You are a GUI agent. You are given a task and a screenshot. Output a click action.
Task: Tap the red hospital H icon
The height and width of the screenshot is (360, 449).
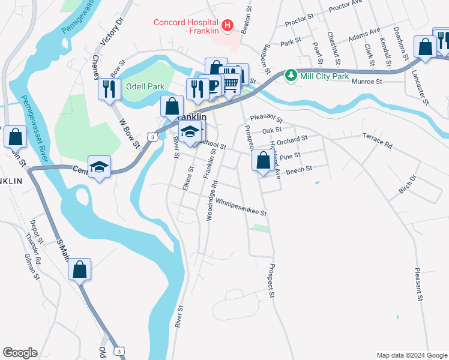[228, 25]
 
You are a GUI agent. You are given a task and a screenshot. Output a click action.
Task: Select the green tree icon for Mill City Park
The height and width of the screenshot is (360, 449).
[291, 75]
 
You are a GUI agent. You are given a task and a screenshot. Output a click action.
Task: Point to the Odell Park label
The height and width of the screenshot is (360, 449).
[145, 86]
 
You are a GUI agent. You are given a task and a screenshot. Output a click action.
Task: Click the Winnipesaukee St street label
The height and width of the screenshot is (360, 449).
[241, 207]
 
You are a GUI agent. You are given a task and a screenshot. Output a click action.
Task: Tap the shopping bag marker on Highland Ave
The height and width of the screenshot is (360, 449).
[263, 161]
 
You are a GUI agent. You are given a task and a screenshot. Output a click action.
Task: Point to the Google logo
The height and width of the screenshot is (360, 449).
[20, 353]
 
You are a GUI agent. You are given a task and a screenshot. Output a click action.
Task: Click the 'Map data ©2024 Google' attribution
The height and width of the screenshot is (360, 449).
[412, 355]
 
